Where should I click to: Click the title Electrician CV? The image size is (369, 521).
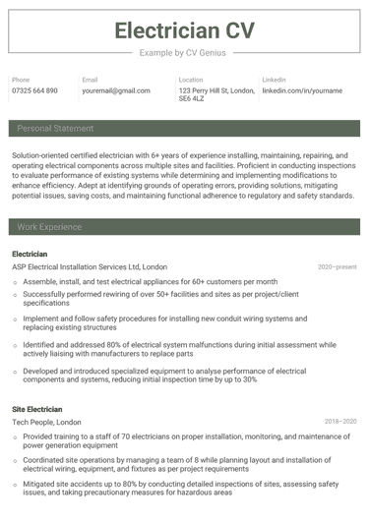184,29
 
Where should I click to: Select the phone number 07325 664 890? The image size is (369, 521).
34,90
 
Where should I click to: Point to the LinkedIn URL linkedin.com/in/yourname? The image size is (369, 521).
302,90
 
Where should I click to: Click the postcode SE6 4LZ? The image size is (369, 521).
192,99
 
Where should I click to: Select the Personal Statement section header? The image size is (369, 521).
55,129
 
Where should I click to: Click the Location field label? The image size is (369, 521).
191,80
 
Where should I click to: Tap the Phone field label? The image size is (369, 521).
21,80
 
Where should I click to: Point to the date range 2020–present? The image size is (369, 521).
337,266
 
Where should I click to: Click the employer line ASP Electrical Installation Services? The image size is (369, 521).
75,266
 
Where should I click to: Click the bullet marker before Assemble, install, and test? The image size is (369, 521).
15,281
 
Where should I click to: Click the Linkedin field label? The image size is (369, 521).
274,80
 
